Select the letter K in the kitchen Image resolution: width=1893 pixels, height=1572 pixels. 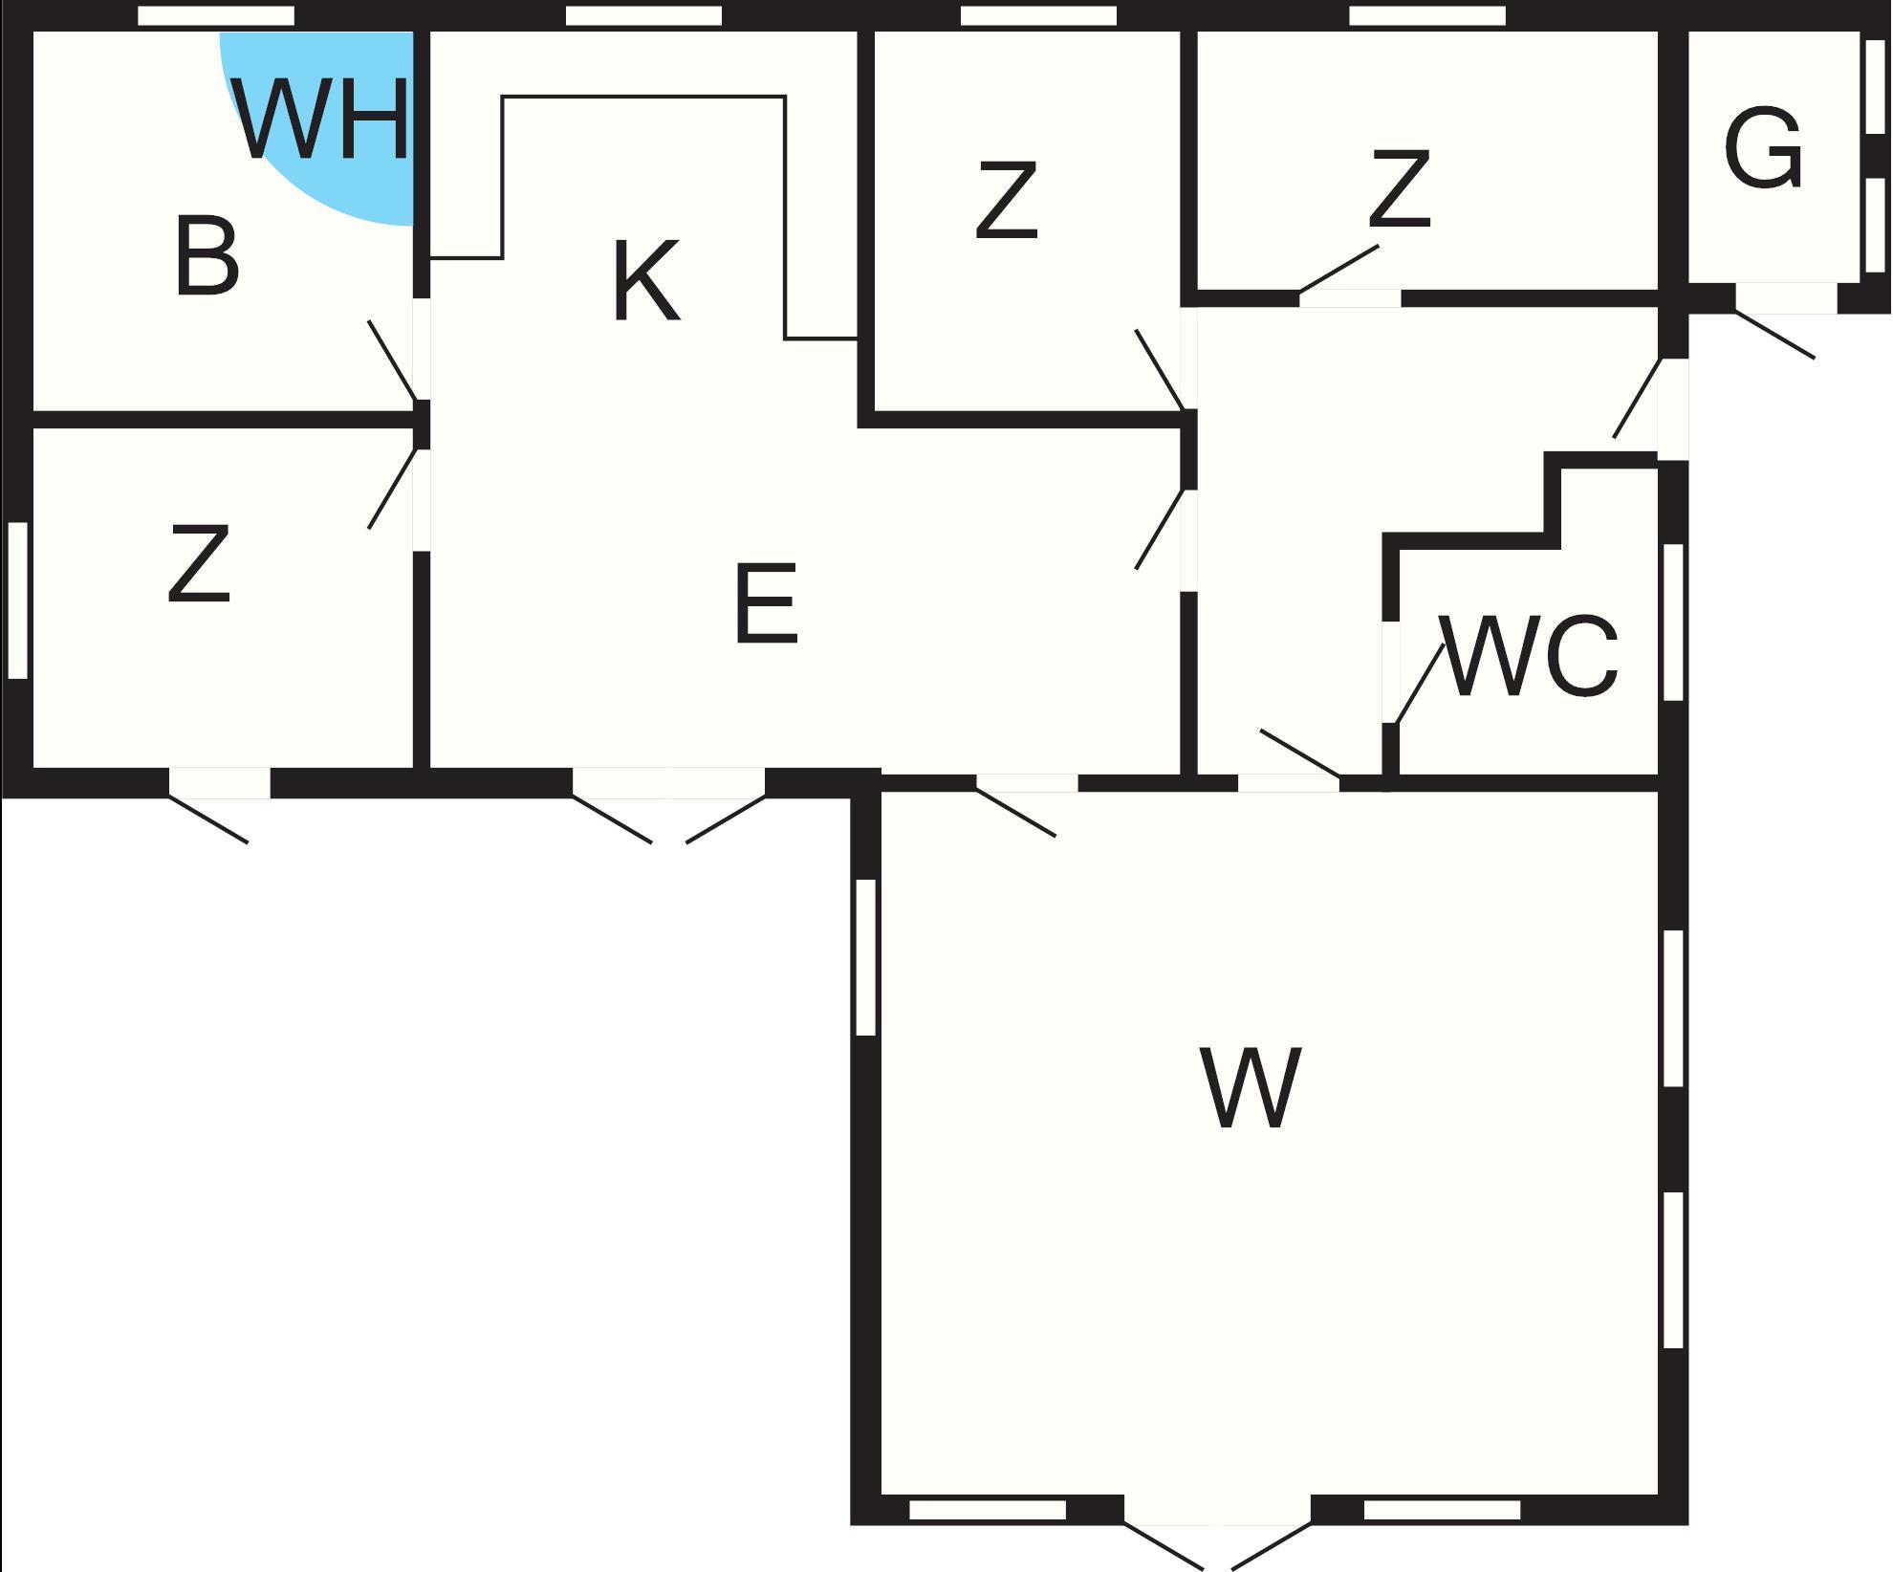point(646,281)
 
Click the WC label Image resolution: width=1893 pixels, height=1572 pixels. point(1531,657)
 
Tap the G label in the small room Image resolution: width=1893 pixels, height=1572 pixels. point(1764,150)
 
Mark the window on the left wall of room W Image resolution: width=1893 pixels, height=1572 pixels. point(865,957)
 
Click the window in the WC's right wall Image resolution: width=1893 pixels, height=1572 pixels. point(1672,622)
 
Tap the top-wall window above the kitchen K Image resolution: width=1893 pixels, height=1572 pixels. point(643,15)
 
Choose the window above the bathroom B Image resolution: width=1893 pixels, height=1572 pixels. point(216,15)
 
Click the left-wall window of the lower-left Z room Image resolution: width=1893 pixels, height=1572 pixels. point(17,600)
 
